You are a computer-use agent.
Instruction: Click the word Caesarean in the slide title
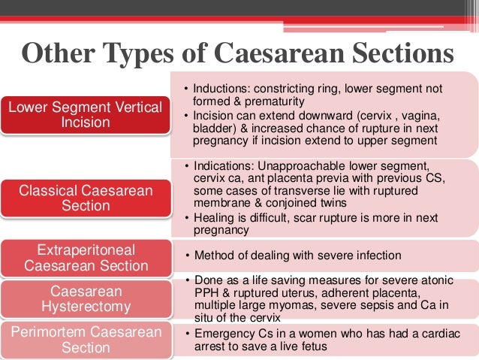[279, 55]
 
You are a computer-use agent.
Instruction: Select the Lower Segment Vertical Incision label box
[85, 115]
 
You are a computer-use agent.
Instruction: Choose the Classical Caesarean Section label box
[85, 198]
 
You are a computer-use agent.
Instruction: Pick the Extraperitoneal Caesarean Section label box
[85, 257]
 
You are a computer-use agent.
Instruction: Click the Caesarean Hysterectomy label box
[85, 298]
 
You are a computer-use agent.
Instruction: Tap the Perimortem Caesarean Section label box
[85, 338]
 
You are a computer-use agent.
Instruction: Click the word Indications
[221, 165]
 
